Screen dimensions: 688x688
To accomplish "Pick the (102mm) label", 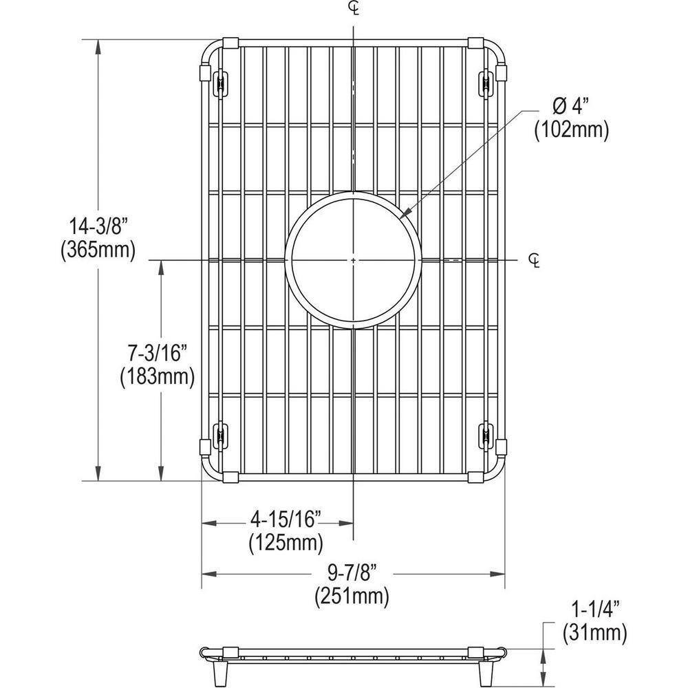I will tap(572, 130).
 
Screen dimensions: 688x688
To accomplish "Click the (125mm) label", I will tap(286, 544).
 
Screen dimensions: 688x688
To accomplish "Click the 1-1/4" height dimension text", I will tap(596, 608).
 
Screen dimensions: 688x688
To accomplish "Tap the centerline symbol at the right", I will tap(535, 259).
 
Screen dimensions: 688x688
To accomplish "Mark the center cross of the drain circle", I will tap(353, 260).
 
